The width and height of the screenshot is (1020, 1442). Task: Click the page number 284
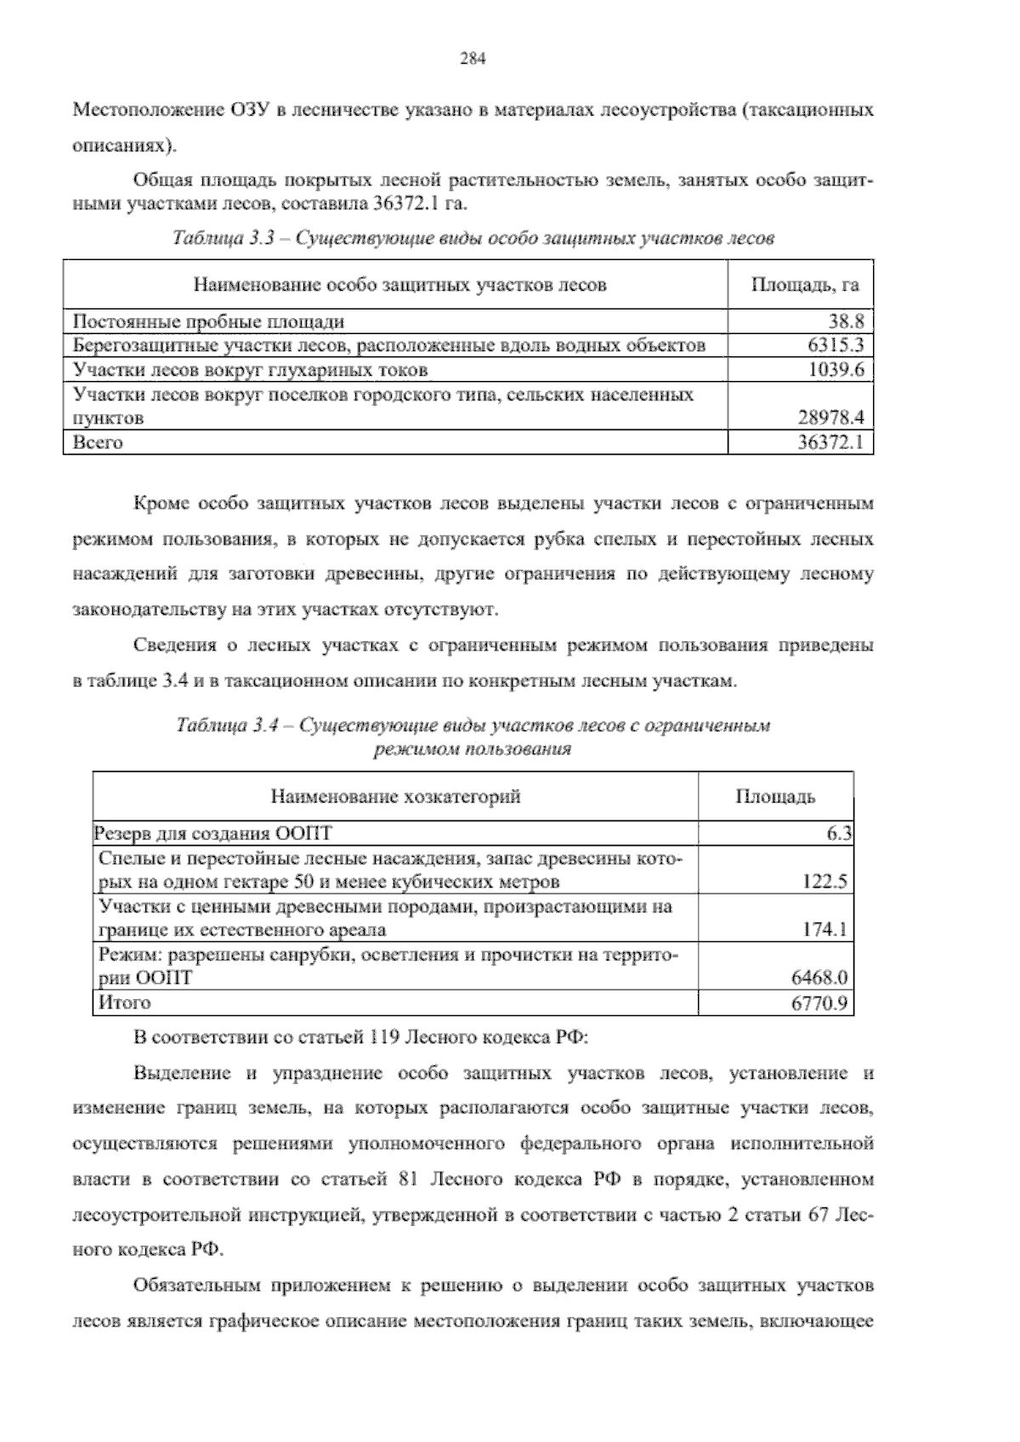pyautogui.click(x=472, y=59)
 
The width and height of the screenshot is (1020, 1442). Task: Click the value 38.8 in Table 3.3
pyautogui.click(x=846, y=321)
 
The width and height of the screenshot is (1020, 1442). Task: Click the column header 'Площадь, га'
pyautogui.click(x=804, y=285)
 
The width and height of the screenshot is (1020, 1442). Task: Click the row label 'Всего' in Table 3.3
pyautogui.click(x=98, y=442)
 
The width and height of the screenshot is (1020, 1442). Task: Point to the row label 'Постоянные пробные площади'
pyautogui.click(x=208, y=321)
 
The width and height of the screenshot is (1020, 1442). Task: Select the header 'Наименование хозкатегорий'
pyautogui.click(x=395, y=797)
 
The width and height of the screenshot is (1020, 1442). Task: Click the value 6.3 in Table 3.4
pyautogui.click(x=839, y=834)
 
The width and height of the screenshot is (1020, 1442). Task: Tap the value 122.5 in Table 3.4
pyautogui.click(x=824, y=882)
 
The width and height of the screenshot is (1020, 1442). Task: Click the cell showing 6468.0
pyautogui.click(x=819, y=978)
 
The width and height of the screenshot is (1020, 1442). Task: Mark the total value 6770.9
pyautogui.click(x=819, y=1003)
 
